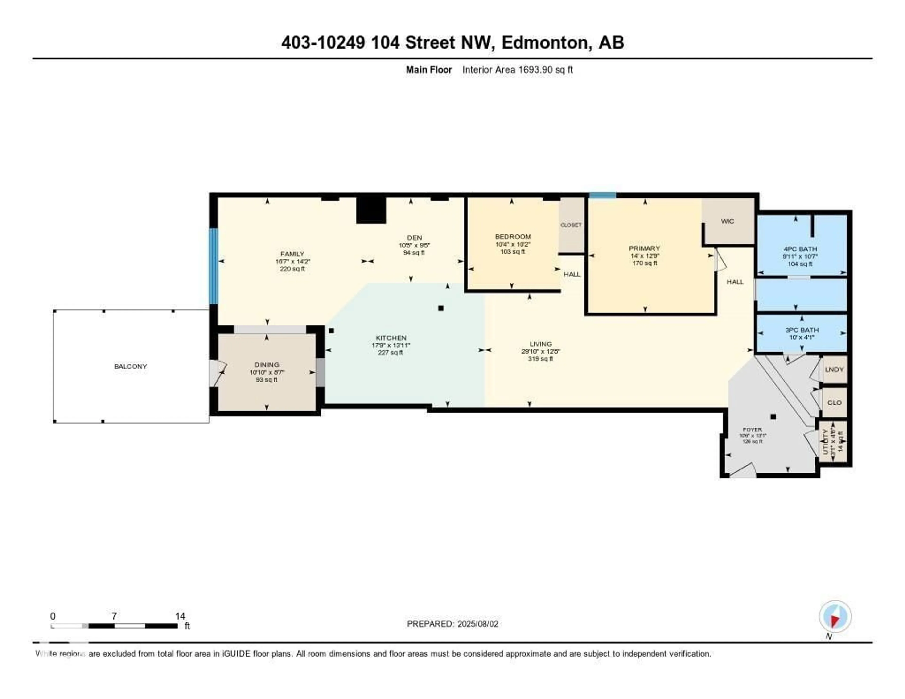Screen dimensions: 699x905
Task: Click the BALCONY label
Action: click(x=131, y=366)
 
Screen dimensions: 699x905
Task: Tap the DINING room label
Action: click(x=267, y=365)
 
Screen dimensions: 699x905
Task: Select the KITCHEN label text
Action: click(x=391, y=338)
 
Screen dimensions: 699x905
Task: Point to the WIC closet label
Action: click(x=727, y=221)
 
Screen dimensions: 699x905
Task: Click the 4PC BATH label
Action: click(x=800, y=249)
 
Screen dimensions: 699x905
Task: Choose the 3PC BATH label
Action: click(x=802, y=330)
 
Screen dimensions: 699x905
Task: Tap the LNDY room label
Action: click(x=834, y=369)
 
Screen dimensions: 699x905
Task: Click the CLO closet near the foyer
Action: click(x=834, y=402)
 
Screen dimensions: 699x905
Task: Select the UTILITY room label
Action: click(x=825, y=442)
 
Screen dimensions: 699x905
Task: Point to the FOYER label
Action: click(x=752, y=430)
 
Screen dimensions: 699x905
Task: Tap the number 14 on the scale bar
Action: click(x=180, y=616)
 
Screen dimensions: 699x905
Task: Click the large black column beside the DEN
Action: click(x=371, y=210)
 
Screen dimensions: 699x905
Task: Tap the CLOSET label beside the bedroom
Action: click(x=571, y=225)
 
